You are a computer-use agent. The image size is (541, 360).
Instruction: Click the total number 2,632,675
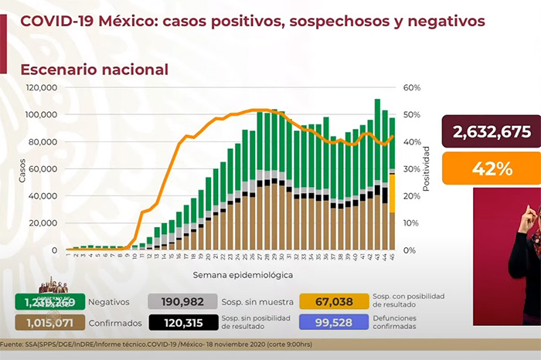492,131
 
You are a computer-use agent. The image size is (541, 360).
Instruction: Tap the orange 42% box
492,168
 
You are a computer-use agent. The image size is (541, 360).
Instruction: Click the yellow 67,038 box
334,301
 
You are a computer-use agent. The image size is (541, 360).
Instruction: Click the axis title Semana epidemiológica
231,274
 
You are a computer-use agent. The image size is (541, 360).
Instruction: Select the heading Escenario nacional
95,70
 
